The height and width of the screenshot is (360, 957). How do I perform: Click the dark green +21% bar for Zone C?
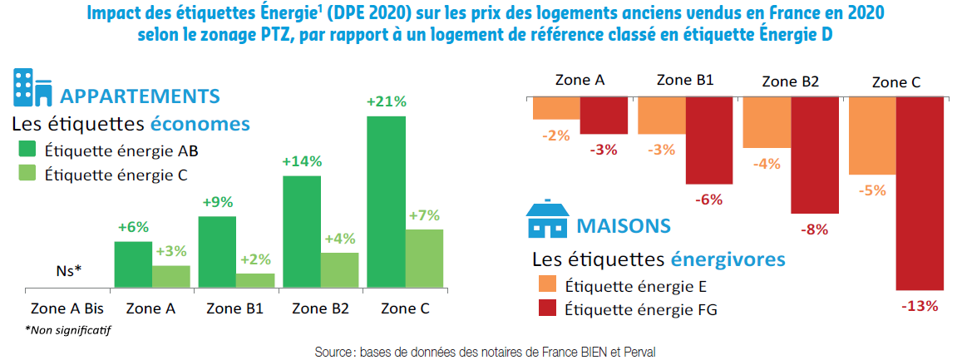point(386,202)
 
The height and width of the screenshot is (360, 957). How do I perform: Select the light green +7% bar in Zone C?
point(424,259)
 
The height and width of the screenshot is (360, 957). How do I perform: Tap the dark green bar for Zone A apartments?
point(133,264)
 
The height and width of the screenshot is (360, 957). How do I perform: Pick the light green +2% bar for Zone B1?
point(255,280)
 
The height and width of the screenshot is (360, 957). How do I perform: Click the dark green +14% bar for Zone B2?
point(301,232)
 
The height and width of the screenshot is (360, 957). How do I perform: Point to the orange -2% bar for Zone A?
point(555,108)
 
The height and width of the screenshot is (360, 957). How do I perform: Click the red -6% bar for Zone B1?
point(709,140)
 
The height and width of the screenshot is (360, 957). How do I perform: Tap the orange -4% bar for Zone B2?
point(766,122)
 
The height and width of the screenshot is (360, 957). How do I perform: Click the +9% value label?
point(216,201)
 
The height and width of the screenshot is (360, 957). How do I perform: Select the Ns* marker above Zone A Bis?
point(68,270)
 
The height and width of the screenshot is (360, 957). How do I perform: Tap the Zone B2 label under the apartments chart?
point(320,308)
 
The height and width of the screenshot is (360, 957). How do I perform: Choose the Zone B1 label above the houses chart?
point(684,81)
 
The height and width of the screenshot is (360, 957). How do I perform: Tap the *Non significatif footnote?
point(68,329)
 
